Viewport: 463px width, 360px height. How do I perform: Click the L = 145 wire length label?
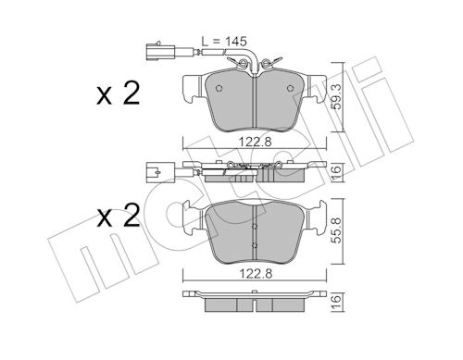224,41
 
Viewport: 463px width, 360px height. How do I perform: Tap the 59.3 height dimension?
338,97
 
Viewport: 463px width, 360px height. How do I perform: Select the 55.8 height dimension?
338,230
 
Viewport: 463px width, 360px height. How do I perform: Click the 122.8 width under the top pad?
256,142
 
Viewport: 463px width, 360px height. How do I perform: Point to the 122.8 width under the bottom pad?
256,273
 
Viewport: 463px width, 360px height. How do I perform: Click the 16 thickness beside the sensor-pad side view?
338,169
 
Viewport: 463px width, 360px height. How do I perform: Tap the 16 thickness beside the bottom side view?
338,299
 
